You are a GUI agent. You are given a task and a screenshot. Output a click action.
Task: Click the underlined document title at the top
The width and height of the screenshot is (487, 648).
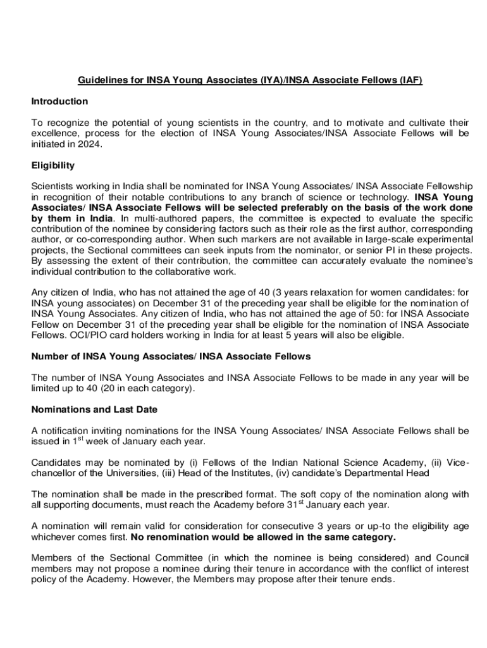click(x=250, y=80)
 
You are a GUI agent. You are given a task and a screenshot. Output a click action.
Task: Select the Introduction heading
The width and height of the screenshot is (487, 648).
click(x=59, y=101)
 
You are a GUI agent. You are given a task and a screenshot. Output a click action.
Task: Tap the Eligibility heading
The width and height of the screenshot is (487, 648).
click(x=53, y=165)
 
